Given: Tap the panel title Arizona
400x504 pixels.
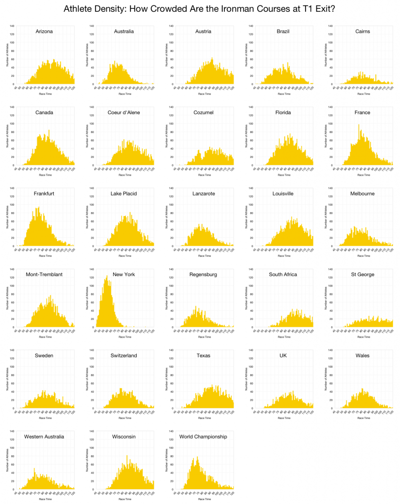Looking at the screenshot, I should (x=44, y=31).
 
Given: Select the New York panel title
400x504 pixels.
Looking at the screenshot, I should (x=124, y=274).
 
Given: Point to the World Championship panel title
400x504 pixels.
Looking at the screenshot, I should (x=203, y=437).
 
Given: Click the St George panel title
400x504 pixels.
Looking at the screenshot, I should (x=363, y=274).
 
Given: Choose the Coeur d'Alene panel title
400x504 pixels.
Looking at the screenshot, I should (x=123, y=112).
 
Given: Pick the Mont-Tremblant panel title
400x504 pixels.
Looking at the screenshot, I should (x=44, y=274).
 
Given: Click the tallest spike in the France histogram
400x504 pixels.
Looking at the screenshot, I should (x=359, y=125).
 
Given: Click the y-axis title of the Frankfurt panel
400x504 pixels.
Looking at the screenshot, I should (x=7, y=224).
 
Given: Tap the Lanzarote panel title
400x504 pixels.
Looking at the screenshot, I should (x=203, y=193).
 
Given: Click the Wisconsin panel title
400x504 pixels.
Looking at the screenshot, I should (x=124, y=437).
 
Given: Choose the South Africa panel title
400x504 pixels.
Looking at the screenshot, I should (x=283, y=274).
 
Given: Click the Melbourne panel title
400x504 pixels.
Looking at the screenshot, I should (x=363, y=193).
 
